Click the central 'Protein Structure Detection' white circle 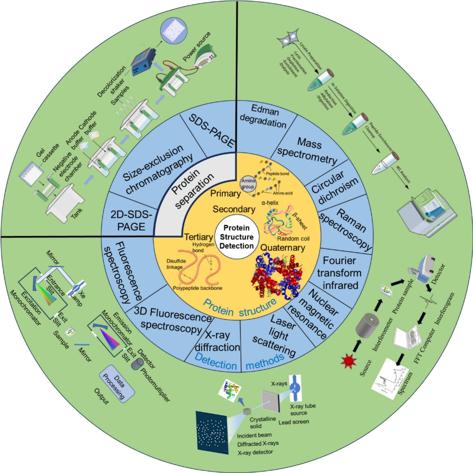pyautogui.click(x=236, y=237)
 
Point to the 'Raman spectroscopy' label pyautogui.click(x=346, y=229)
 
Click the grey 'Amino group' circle pyautogui.click(x=248, y=184)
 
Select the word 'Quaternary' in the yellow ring pyautogui.click(x=283, y=247)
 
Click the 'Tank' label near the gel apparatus pyautogui.click(x=77, y=213)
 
